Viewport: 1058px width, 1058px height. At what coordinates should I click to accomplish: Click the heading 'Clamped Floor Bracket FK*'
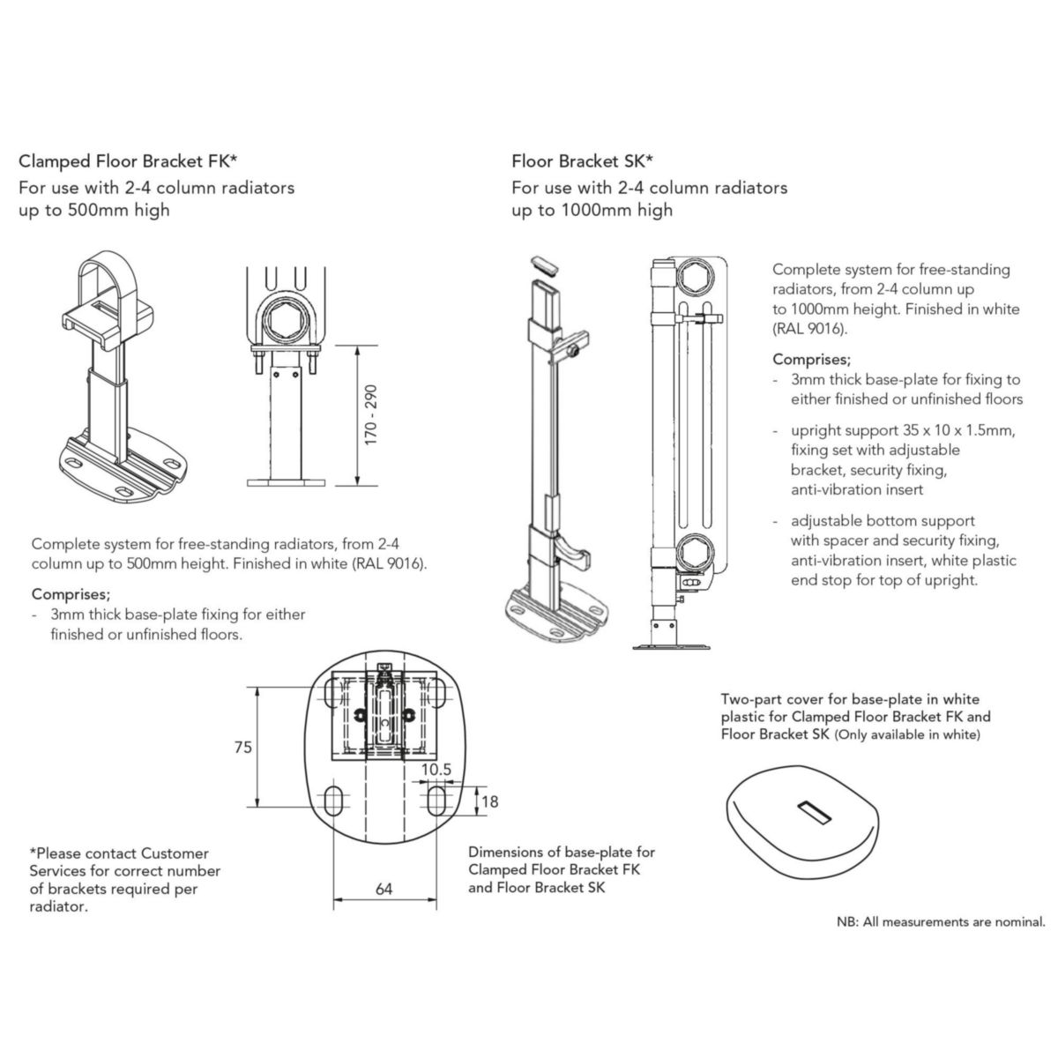coord(128,161)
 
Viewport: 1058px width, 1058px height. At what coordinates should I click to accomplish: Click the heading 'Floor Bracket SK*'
coord(582,161)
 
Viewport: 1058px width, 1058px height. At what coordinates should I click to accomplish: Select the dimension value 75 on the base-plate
coord(242,747)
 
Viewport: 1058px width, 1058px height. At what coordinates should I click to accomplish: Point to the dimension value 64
coord(384,889)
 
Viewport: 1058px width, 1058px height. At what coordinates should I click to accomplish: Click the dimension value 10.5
coord(436,769)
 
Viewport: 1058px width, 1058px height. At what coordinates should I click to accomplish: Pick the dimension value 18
coord(490,801)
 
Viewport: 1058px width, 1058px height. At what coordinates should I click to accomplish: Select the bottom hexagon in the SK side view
coord(694,557)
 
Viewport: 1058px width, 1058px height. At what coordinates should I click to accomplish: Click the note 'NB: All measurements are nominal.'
coord(941,922)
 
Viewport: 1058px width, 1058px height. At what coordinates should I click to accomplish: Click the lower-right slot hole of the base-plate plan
coord(436,801)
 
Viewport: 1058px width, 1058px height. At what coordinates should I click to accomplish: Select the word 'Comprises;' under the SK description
coord(811,359)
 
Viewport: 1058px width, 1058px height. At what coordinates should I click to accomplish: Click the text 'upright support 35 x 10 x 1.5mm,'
coord(903,430)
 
